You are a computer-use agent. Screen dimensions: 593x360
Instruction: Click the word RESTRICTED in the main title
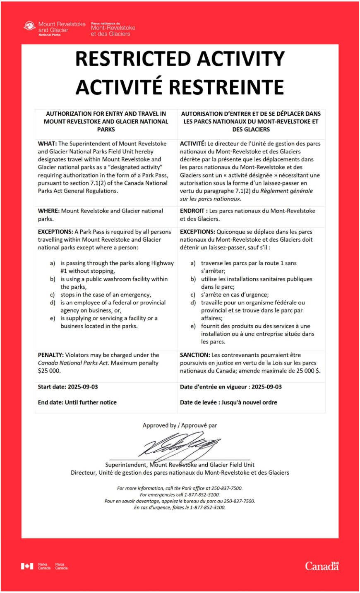coord(126,59)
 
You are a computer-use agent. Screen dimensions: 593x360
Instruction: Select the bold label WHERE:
coord(49,211)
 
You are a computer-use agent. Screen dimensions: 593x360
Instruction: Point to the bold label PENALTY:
coord(51,355)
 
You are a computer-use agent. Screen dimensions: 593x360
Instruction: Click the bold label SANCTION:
coord(195,355)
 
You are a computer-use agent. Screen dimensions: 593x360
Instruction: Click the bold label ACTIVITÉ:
coord(193,144)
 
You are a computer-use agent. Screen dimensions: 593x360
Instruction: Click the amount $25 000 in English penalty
coord(49,371)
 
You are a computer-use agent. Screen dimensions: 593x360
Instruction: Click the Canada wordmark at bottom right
coord(322,566)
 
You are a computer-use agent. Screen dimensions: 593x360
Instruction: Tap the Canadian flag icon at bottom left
coord(27,566)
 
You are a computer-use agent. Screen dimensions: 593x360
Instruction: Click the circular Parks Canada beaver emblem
coord(29,26)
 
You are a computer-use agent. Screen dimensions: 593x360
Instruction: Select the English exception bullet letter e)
coord(53,318)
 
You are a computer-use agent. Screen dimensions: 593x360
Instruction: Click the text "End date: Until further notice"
coord(77,402)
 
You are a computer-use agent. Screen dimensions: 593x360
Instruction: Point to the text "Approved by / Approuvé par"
coord(180,425)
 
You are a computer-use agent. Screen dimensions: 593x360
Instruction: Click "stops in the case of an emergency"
coord(106,295)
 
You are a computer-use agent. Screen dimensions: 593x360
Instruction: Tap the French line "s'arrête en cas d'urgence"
coord(235,295)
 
